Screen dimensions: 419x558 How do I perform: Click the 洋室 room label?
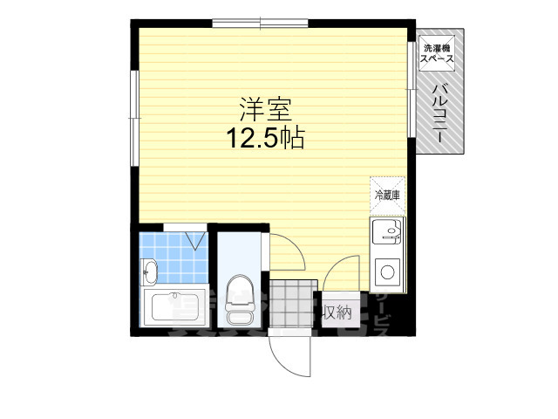[265, 110]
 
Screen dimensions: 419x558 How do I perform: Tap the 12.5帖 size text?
[265, 138]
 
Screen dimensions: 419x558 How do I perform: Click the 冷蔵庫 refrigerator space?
[386, 195]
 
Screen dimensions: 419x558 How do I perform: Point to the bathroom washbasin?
[149, 272]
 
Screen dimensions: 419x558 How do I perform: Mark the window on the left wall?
[134, 117]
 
